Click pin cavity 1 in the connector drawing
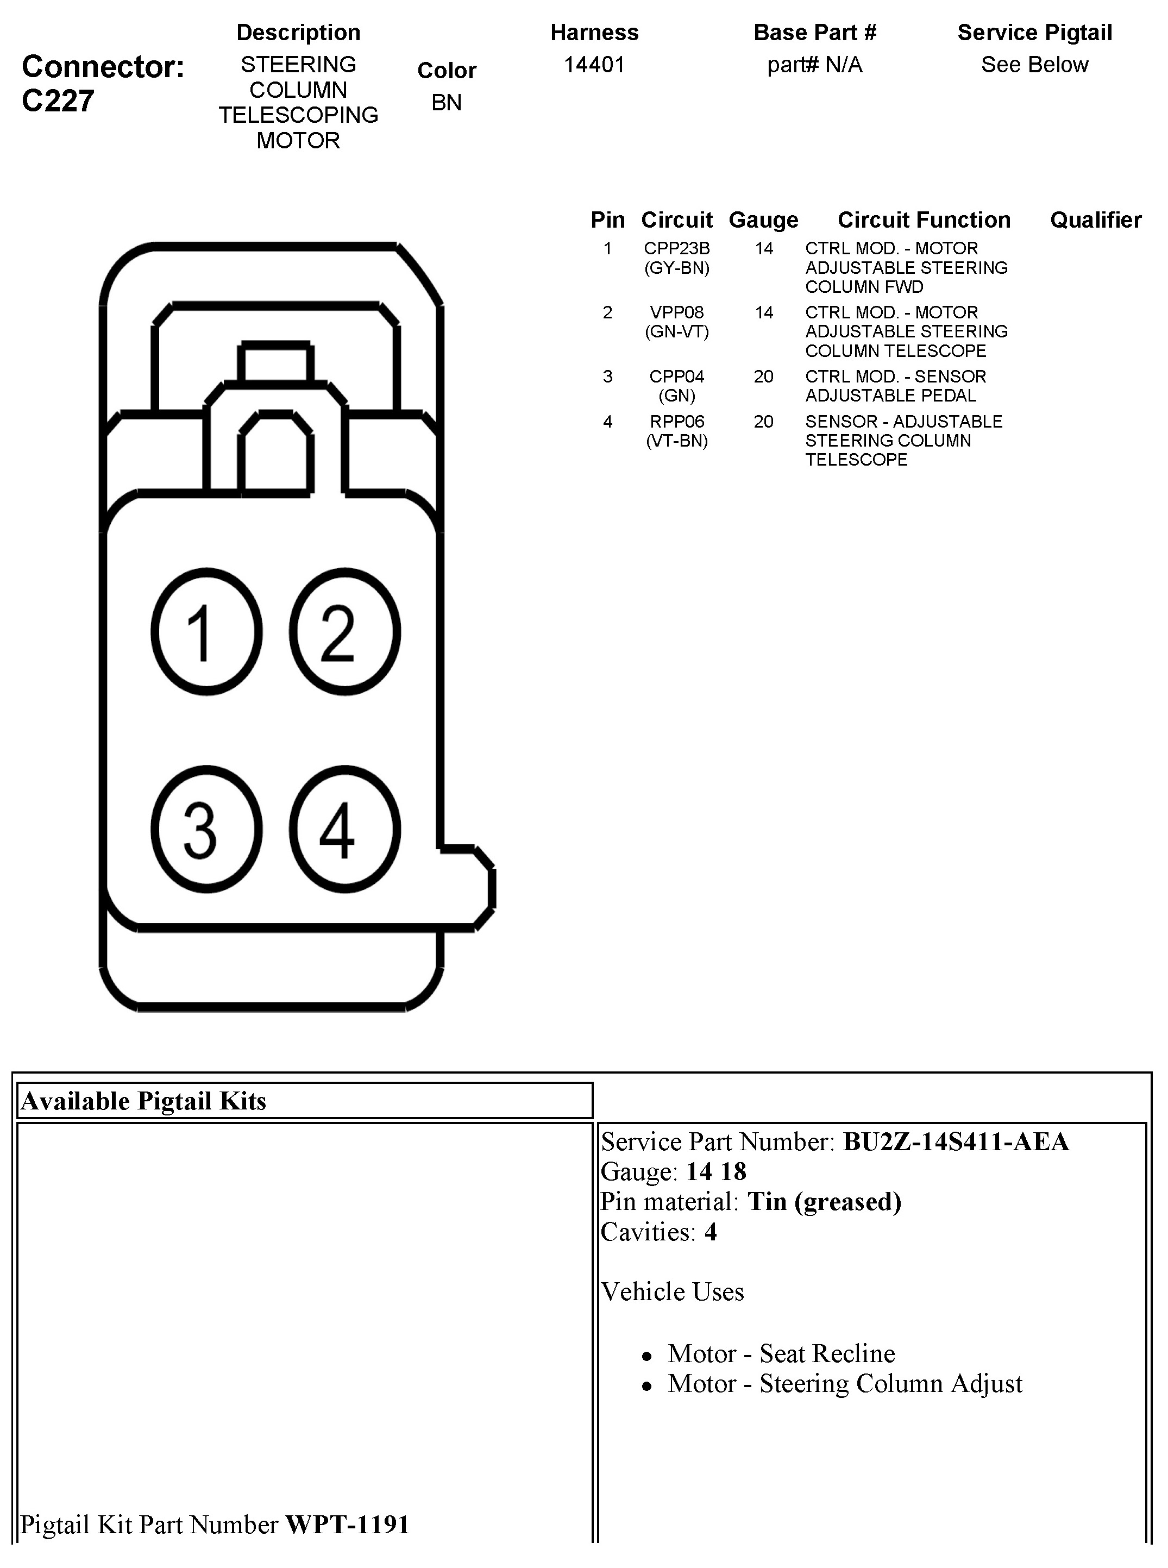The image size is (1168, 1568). point(206,631)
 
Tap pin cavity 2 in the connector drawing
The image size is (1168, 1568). point(344,631)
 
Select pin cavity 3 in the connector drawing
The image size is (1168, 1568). point(206,829)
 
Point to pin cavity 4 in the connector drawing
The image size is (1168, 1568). point(344,829)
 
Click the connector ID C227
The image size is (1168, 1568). point(58,101)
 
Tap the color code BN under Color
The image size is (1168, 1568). point(446,103)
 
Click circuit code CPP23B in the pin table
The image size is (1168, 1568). point(676,249)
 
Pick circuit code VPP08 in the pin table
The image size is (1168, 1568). point(676,312)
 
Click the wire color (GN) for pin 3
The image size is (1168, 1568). point(676,396)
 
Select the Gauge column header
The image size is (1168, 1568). point(763,220)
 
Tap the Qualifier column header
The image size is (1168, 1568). point(1095,220)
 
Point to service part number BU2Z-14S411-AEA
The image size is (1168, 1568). point(955,1141)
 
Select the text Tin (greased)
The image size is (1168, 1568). point(824,1202)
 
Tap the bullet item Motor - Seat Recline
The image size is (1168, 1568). point(781,1353)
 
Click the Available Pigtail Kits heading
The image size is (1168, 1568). point(143,1101)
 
